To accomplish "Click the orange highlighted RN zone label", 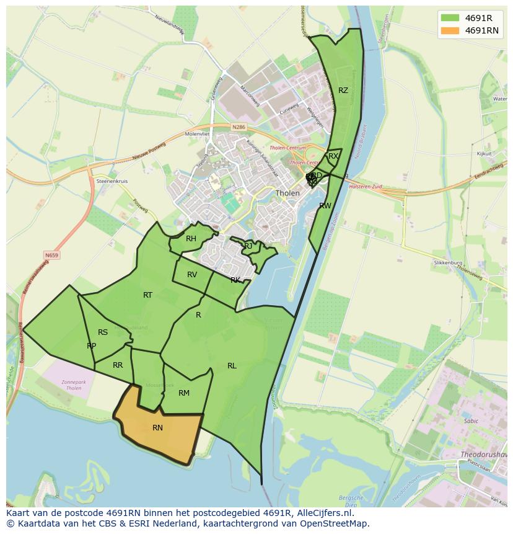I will (157, 428).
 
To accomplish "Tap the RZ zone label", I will (343, 91).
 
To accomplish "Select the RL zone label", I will (232, 366).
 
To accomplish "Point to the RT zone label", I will (147, 295).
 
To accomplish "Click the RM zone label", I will (184, 393).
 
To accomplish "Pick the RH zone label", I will (191, 239).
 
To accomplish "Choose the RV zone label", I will (192, 275).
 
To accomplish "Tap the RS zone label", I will (103, 332).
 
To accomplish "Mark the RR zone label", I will (118, 365).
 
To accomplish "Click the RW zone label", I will (325, 206).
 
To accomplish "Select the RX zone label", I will (333, 156).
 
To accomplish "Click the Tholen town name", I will (287, 193).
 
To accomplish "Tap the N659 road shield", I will (52, 255).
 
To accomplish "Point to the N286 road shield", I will (239, 127).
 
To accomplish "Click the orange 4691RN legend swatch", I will (450, 30).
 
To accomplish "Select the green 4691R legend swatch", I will (450, 17).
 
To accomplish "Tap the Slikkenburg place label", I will (448, 263).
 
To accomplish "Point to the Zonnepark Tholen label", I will (74, 386).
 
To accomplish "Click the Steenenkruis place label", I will (112, 181).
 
